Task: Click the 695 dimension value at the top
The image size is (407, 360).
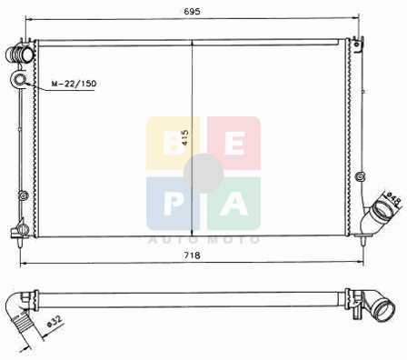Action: (192, 11)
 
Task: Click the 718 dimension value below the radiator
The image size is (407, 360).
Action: (192, 255)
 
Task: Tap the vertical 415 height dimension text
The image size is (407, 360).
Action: (185, 137)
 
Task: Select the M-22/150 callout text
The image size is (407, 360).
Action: (74, 84)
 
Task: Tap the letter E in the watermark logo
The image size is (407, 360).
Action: (235, 145)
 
